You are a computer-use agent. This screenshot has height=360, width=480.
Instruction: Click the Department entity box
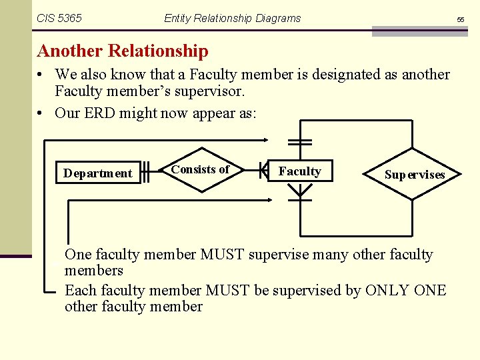[97, 173]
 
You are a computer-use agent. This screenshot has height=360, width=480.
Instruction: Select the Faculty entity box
[299, 171]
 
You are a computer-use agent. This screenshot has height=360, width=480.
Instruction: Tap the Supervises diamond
[413, 174]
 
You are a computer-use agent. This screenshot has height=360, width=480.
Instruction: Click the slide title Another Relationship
[123, 51]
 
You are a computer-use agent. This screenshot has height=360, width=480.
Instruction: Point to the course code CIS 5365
[59, 18]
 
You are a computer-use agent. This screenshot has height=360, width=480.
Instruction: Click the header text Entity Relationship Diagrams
[232, 18]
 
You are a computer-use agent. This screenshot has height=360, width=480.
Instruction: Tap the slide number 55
[460, 20]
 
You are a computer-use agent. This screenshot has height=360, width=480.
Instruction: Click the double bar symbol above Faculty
[301, 142]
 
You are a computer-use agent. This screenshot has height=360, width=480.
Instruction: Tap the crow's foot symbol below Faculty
[301, 193]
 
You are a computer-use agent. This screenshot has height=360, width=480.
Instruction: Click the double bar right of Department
[147, 171]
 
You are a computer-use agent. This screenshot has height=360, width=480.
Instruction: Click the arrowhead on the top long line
[265, 140]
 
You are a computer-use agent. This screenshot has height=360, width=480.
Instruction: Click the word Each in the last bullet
[80, 291]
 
